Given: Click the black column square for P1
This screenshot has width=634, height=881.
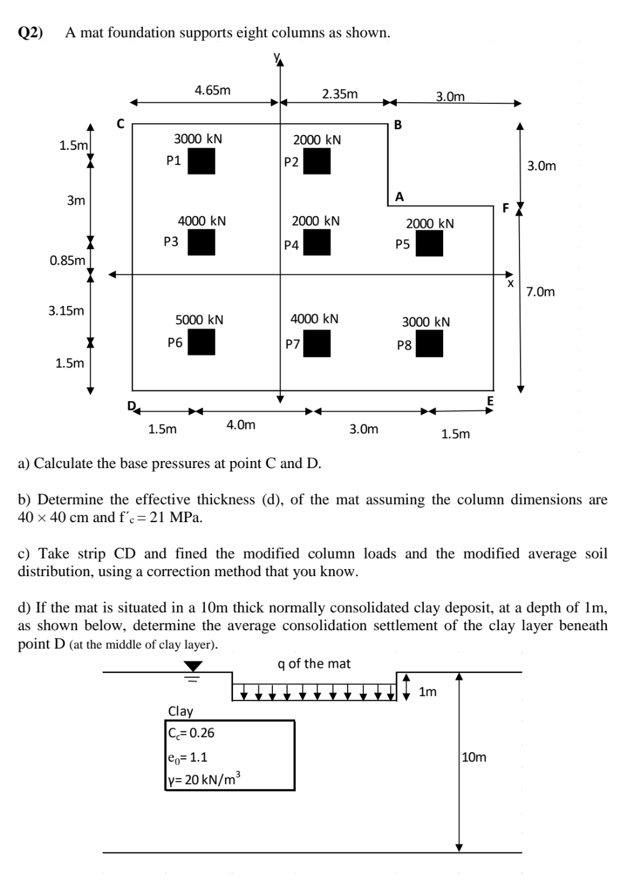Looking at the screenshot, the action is (201, 161).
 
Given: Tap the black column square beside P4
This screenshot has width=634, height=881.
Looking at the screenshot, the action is (316, 243).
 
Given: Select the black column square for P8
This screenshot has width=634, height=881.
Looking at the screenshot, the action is (429, 344).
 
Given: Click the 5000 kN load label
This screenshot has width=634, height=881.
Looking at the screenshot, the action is (200, 320).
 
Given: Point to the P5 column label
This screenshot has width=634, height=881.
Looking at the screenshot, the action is (403, 244).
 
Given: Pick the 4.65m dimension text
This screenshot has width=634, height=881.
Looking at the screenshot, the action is (213, 90).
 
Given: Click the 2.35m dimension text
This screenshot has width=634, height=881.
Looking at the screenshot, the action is (340, 94).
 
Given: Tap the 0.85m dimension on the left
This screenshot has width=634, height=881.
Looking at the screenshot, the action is (68, 260).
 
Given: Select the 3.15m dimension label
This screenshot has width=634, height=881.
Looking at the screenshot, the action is (66, 311).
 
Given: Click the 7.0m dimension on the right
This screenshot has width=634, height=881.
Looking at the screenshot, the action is (541, 292).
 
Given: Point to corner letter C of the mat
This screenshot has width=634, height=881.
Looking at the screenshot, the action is (120, 124).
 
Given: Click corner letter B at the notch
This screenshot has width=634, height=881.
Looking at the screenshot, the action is (399, 125).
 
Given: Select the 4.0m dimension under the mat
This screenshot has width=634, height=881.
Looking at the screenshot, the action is (241, 424).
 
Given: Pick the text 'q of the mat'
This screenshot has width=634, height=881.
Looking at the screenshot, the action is (314, 664).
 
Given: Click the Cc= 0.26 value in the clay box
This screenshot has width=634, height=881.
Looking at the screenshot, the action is (191, 733).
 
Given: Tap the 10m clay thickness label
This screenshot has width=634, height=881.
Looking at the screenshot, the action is (474, 757).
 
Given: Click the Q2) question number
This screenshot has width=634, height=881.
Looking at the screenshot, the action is (31, 33).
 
